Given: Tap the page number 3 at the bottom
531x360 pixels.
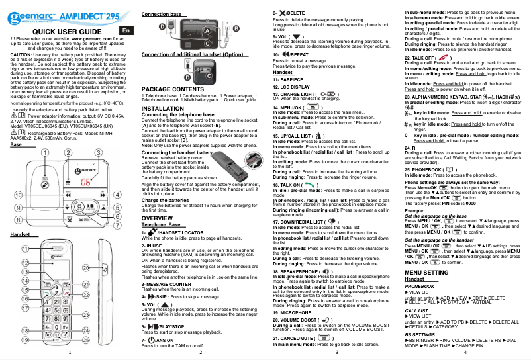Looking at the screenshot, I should point(336,353).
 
